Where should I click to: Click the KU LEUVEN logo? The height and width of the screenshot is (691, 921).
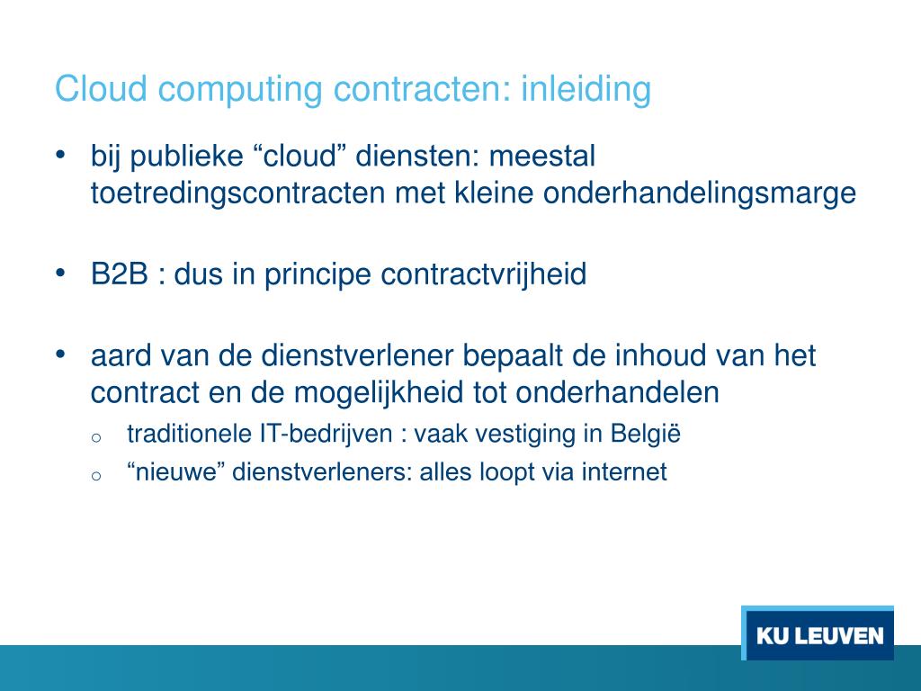[x=818, y=635]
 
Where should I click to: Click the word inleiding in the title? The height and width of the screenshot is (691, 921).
[x=586, y=90]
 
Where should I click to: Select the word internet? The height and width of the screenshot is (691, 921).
[x=624, y=471]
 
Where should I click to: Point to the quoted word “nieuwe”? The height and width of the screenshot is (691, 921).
[x=176, y=471]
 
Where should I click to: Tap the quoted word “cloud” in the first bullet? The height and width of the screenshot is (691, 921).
[x=300, y=157]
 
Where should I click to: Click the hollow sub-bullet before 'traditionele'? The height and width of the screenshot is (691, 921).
[x=97, y=437]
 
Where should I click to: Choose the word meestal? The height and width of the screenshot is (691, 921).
[x=541, y=157]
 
